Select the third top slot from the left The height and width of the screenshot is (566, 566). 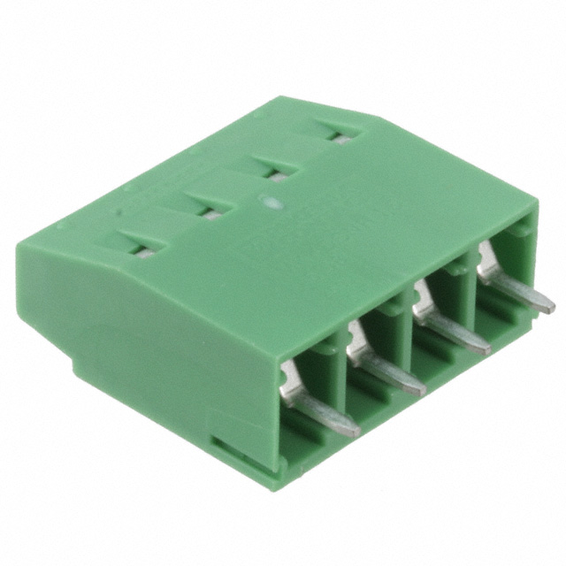(x=272, y=170)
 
